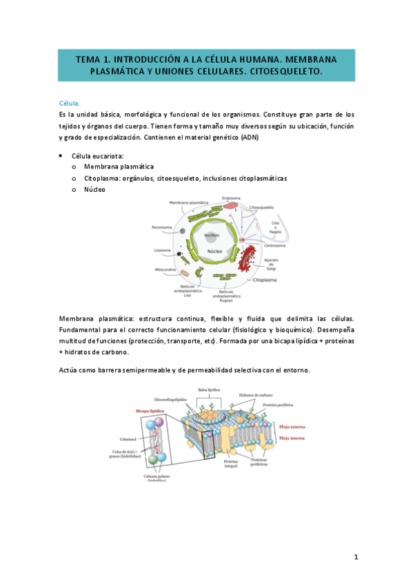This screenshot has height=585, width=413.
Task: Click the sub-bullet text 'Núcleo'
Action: [x=94, y=188]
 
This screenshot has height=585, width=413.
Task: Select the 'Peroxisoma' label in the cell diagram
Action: [x=163, y=227]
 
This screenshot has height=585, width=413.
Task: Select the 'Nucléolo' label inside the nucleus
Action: [x=212, y=235]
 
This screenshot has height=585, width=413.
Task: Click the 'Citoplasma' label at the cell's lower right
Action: [x=266, y=281]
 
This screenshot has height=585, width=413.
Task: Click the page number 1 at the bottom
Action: [x=356, y=556]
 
